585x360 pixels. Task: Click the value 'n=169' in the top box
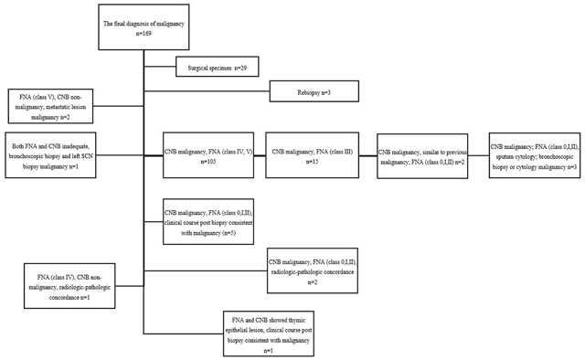pos(143,33)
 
